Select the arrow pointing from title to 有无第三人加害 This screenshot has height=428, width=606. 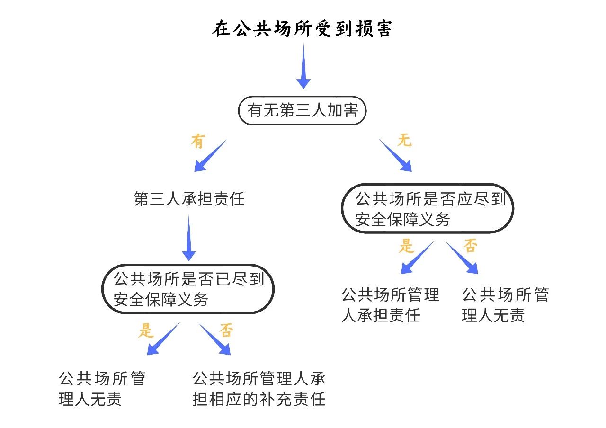coord(303,66)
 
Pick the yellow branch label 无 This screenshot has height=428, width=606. coord(404,141)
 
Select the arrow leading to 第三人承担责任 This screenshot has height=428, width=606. coord(210,156)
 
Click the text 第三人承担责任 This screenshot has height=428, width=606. coord(189,199)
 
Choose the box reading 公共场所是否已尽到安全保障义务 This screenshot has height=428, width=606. coord(188,289)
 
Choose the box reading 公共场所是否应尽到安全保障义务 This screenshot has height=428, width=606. coord(428,208)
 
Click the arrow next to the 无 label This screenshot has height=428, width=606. coord(395,155)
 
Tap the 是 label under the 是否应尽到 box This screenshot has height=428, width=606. coord(406,246)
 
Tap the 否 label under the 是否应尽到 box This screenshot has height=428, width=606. coord(470,246)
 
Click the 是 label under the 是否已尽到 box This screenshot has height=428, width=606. coord(146,330)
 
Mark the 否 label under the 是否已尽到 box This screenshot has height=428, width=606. coord(226,330)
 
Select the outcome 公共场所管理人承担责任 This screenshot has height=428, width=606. coord(390,304)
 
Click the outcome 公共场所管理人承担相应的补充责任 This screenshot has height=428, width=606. coord(259,389)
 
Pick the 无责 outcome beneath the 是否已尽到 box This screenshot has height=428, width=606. coord(102,389)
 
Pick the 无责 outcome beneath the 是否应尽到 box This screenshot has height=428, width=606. coord(505,304)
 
